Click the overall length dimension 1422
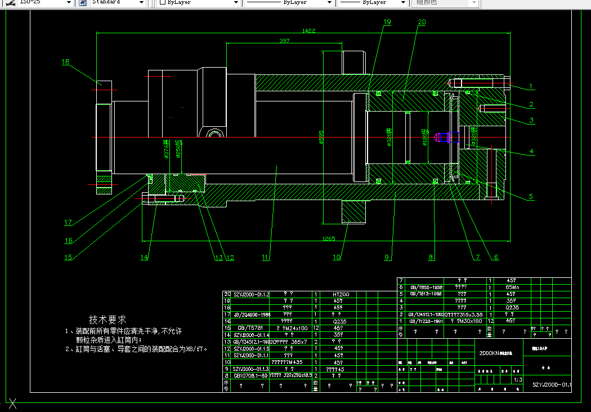(308, 30)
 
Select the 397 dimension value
(284, 41)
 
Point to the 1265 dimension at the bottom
(329, 238)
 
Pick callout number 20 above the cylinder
(422, 22)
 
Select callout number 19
(386, 22)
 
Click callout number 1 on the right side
(530, 87)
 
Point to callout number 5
(530, 197)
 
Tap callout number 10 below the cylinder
(337, 258)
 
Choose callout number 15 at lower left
(68, 258)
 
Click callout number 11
(266, 258)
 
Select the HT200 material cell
(341, 294)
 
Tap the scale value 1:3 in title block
(518, 380)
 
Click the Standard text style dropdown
(113, 3)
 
